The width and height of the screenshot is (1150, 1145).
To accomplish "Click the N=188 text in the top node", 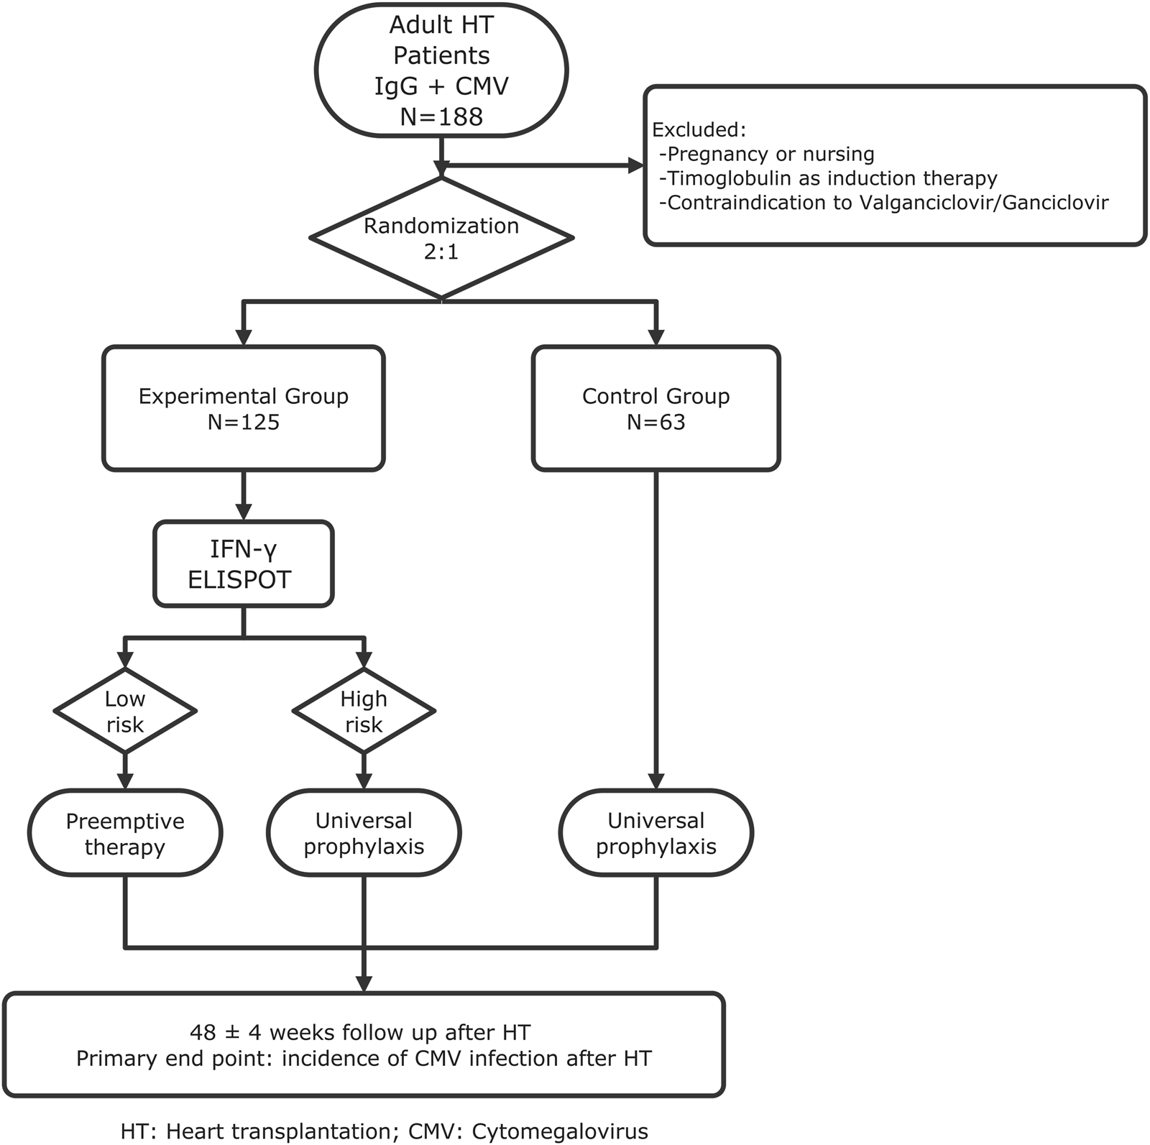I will pos(441,116).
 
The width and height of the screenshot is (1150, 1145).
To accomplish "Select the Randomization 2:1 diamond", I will pos(441,238).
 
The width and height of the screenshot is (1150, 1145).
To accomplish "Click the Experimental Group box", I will pos(244,408).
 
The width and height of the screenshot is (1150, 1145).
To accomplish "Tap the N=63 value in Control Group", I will pos(655,422).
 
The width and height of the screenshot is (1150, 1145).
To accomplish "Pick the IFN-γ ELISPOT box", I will pos(244,564).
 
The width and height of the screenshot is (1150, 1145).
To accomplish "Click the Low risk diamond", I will pos(125,711).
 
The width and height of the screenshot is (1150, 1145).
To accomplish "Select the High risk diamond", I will pos(364,711).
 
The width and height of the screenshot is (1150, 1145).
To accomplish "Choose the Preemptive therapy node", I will pos(125,833).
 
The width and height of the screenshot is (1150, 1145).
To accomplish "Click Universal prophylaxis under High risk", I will pos(364,833).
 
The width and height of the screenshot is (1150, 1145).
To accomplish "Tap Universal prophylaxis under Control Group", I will pos(655,833).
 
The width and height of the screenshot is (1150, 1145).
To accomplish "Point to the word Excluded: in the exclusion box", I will pos(699,130).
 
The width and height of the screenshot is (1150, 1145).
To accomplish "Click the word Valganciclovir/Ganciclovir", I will pos(983,203).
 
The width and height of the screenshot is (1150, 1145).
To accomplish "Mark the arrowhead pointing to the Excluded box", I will pos(636,165).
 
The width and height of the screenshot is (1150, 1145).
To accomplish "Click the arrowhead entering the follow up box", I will pos(364,983).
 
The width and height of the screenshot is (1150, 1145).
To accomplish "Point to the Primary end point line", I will pos(364,1059).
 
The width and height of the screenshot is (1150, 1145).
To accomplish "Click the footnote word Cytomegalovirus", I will pos(560,1131).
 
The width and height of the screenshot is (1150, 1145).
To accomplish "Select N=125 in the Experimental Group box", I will pos(244,422).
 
